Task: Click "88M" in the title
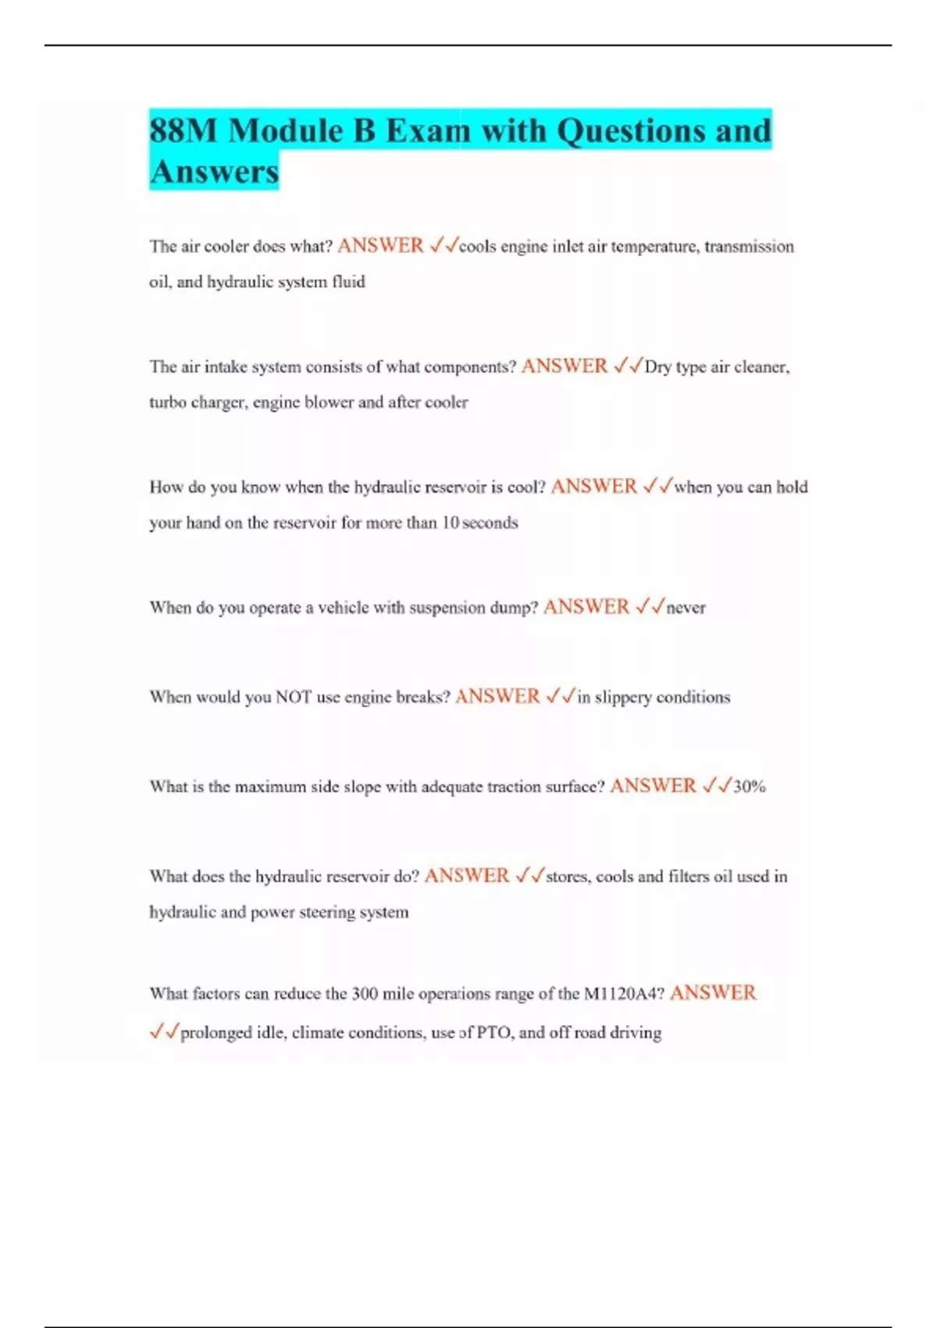point(183,130)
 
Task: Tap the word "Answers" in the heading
point(214,171)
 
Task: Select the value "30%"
point(750,787)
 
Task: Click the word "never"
point(686,608)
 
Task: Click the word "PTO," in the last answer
point(495,1033)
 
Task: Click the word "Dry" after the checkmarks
point(657,366)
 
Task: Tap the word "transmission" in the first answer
point(749,247)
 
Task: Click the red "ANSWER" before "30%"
point(653,786)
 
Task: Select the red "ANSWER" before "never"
point(586,607)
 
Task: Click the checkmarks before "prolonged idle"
point(164,1032)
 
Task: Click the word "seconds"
point(490,523)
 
